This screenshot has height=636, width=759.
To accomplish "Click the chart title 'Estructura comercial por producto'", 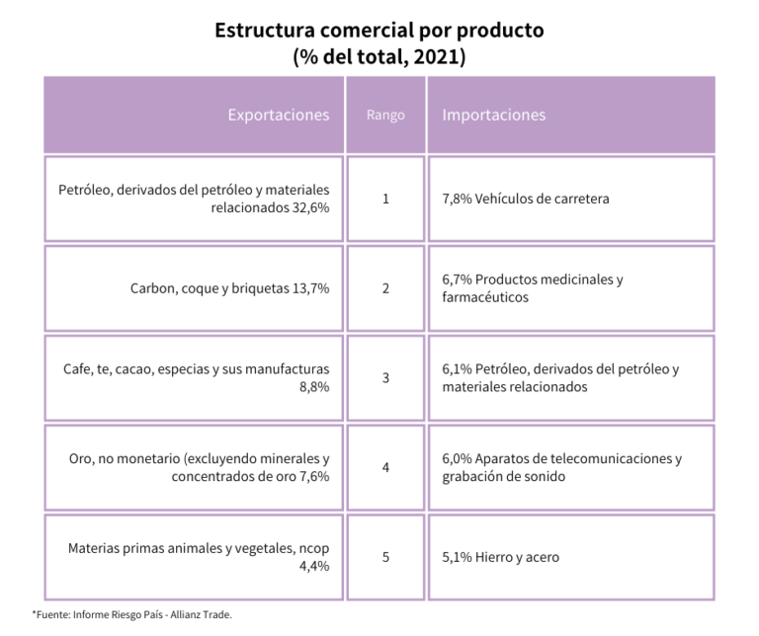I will tap(379, 30).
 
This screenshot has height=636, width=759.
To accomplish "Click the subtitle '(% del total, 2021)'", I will tap(379, 56).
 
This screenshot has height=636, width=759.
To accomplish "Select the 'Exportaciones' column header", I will tap(278, 115).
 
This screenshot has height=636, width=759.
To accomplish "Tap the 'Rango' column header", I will tap(385, 115).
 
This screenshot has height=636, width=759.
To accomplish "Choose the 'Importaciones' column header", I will tap(493, 115).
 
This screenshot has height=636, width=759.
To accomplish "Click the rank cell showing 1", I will tap(385, 199).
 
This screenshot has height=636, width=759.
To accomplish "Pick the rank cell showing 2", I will tap(385, 288).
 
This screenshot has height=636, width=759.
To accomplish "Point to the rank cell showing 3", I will tap(385, 377).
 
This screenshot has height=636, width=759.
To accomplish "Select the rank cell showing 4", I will tap(385, 467).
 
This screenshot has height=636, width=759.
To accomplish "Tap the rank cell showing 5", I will tap(385, 557).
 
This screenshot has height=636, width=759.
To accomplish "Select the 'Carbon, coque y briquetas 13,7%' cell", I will tap(229, 288).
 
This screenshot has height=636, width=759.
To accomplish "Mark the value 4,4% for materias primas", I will tap(313, 567).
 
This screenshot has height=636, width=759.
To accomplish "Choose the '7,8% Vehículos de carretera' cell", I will tap(525, 199).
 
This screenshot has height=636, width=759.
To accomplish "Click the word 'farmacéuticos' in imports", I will tap(485, 297).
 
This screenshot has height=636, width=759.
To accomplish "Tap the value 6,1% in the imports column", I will tap(457, 368).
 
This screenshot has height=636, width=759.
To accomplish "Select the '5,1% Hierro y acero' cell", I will tap(500, 557).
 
